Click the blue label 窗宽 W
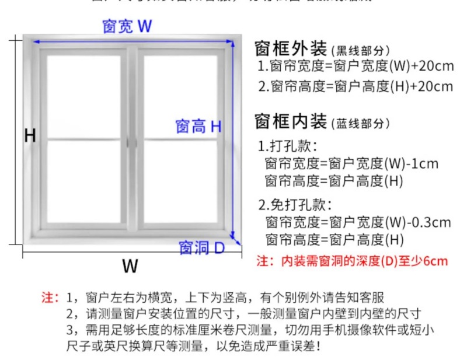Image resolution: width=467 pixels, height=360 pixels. coord(127,26)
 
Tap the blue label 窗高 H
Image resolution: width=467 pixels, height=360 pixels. coord(198,126)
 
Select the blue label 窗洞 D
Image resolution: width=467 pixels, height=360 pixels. coord(201,247)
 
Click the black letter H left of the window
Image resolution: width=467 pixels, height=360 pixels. coord(30,136)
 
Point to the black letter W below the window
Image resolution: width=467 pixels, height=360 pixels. coord(130,266)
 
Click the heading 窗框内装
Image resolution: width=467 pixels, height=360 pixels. coord(291,122)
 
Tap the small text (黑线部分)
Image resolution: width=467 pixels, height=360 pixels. coord(360,51)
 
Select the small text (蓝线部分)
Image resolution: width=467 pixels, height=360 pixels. coord(360,124)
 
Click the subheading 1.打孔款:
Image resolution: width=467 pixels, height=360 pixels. coord(288,145)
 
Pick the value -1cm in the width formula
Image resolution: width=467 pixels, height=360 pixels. coord(421,163)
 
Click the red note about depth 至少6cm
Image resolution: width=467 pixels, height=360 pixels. coord(353,261)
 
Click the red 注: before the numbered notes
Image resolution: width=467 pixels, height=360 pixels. coord(50,297)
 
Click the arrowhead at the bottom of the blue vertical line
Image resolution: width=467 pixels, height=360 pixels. coord(234,236)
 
